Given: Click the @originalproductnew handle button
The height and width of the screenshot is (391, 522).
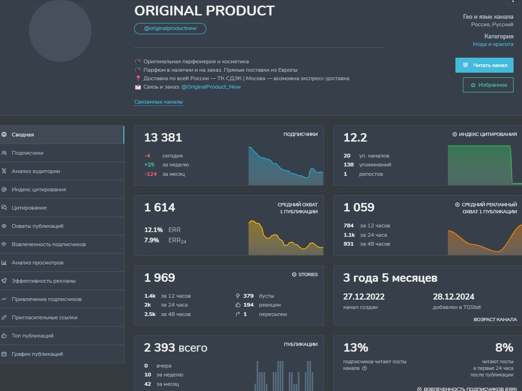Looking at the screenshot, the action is click(170, 29).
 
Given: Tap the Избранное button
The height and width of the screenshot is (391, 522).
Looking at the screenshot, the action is click(488, 85).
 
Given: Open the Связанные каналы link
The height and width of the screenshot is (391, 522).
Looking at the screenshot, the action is click(159, 102).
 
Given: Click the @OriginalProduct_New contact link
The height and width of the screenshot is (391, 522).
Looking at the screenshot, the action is click(211, 87).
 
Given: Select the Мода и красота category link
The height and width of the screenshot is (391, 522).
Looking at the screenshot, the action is click(493, 44).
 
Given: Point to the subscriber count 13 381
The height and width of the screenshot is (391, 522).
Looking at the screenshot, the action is click(163, 137).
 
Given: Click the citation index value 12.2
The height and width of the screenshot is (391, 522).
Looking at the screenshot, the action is click(355, 137).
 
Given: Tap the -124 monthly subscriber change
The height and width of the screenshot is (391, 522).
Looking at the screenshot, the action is click(151, 174).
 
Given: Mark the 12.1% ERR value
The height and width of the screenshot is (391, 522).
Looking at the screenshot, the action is click(153, 230).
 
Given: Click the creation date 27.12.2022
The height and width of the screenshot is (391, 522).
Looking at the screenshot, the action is click(364, 296).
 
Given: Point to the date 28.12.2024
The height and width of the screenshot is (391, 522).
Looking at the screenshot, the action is click(454, 296).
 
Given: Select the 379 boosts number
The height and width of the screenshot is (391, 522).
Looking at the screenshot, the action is click(249, 296).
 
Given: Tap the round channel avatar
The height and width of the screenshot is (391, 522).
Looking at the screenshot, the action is click(60, 30).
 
